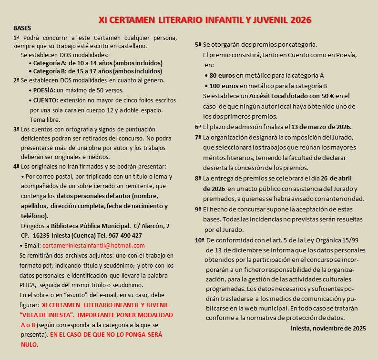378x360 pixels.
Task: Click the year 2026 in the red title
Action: [299, 20]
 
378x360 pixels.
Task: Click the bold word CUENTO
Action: [45, 100]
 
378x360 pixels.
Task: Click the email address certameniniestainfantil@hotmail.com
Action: [93, 246]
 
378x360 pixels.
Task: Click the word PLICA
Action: [28, 285]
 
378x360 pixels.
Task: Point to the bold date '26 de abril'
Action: [329, 179]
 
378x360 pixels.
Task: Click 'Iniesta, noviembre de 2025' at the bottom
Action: [328, 328]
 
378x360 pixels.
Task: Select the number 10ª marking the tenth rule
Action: [199, 240]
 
